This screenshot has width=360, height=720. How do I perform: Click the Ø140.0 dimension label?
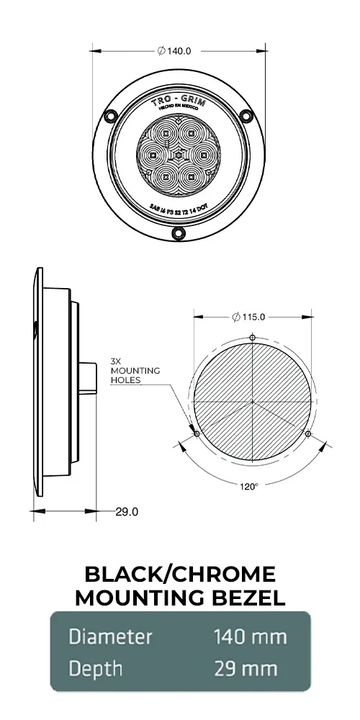click(x=178, y=51)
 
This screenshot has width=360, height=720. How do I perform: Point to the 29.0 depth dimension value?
click(x=127, y=512)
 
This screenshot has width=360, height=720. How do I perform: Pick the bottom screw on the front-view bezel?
click(x=179, y=233)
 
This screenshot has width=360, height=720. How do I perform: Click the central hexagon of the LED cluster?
click(x=179, y=154)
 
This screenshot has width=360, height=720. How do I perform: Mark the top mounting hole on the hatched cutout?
click(x=252, y=338)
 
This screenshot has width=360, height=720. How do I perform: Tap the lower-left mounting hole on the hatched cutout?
click(x=197, y=434)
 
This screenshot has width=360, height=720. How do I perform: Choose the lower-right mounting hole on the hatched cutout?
click(x=308, y=434)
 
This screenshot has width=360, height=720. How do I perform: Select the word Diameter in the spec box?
click(x=110, y=636)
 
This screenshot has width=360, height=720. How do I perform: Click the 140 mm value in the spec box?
click(x=250, y=636)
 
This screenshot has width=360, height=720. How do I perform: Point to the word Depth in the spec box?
click(x=95, y=668)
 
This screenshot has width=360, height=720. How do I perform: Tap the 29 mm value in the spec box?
click(x=246, y=668)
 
